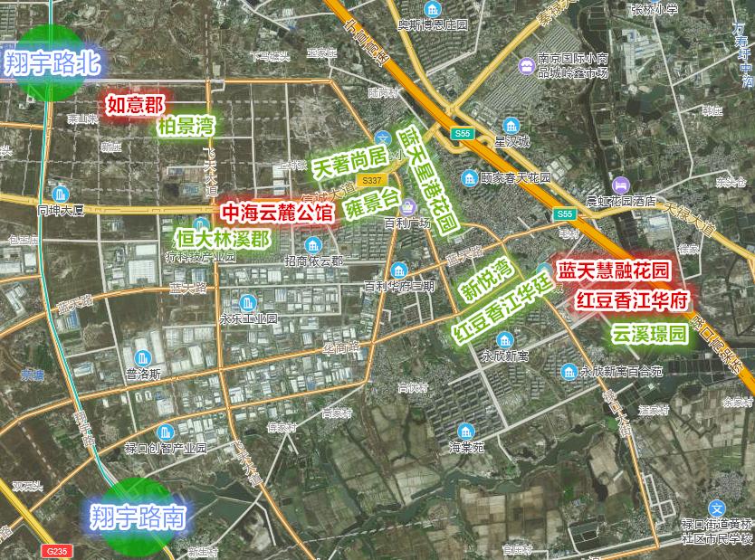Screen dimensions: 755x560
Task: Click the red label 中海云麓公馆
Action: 278,214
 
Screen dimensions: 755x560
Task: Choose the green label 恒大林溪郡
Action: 223,239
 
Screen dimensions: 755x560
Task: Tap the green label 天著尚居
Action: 349,164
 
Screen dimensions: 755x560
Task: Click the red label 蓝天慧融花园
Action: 613,270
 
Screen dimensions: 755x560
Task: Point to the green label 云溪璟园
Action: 649,335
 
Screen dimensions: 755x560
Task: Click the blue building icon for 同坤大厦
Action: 61,194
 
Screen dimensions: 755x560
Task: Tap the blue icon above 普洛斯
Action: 144,357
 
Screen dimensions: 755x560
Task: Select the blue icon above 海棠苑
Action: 466,431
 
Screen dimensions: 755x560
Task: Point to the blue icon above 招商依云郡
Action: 313,245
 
